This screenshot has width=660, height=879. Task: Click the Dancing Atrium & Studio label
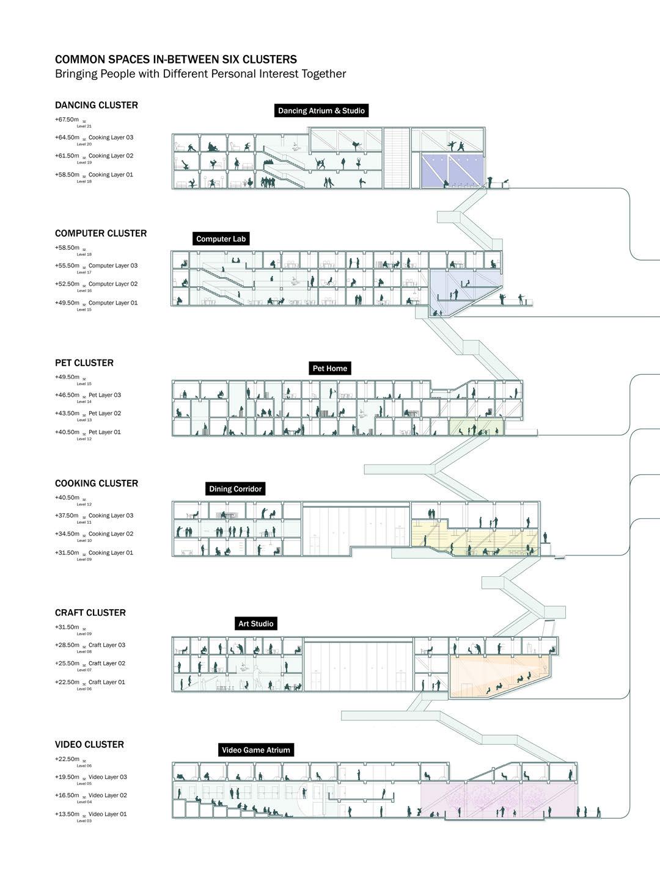[321, 110]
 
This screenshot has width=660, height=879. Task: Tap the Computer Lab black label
[221, 239]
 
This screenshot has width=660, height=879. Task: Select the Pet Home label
[329, 368]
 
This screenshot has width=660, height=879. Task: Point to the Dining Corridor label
[235, 489]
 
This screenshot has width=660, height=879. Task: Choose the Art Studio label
[256, 623]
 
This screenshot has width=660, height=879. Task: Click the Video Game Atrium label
[255, 750]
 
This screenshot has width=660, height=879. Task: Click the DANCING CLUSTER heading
[97, 105]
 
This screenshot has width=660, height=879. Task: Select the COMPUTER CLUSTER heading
[101, 233]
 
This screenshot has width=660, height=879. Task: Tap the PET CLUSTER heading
[84, 363]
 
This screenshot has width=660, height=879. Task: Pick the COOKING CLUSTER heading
[97, 483]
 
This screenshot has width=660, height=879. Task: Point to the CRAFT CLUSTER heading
[90, 612]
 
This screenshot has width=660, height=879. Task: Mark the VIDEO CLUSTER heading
[89, 744]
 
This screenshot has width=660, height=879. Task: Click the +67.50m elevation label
[67, 120]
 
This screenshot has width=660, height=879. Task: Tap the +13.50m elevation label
[67, 814]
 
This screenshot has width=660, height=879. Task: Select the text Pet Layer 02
[105, 413]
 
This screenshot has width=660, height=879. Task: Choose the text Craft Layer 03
[107, 645]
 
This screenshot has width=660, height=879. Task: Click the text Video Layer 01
[108, 814]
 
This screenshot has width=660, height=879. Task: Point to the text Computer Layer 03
[113, 266]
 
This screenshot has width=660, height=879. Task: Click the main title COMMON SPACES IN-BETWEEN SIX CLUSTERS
[176, 59]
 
